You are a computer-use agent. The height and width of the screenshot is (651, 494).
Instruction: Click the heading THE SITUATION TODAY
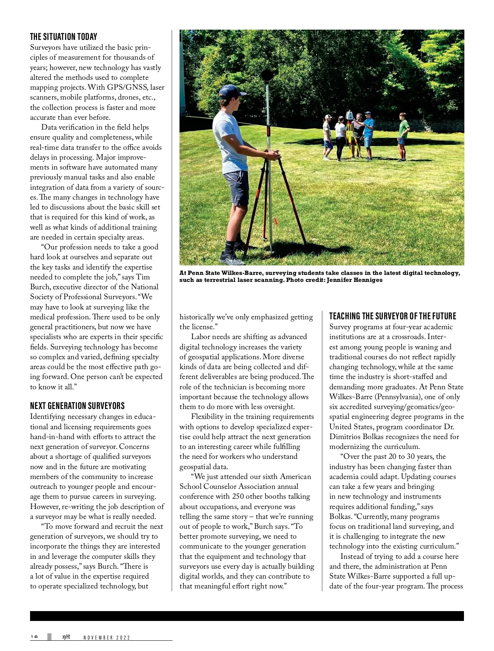(x=63, y=37)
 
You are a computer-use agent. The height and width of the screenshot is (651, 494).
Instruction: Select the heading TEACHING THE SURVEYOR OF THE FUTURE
(x=393, y=316)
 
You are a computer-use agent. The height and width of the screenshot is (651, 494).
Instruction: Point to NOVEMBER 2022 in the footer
(x=107, y=638)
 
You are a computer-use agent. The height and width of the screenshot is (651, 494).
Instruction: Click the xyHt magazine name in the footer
(x=66, y=637)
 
